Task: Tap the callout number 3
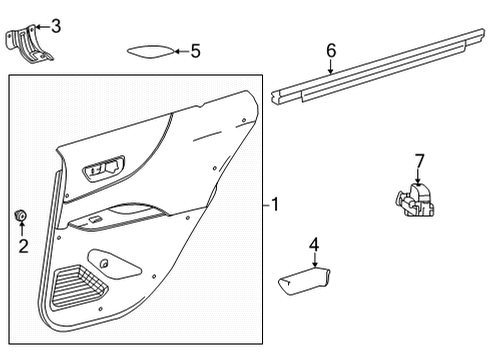click(55, 25)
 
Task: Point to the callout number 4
click(314, 243)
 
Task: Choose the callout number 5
click(195, 49)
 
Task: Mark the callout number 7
click(420, 159)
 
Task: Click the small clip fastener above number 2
click(20, 215)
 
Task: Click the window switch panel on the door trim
click(105, 167)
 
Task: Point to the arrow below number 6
click(331, 66)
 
